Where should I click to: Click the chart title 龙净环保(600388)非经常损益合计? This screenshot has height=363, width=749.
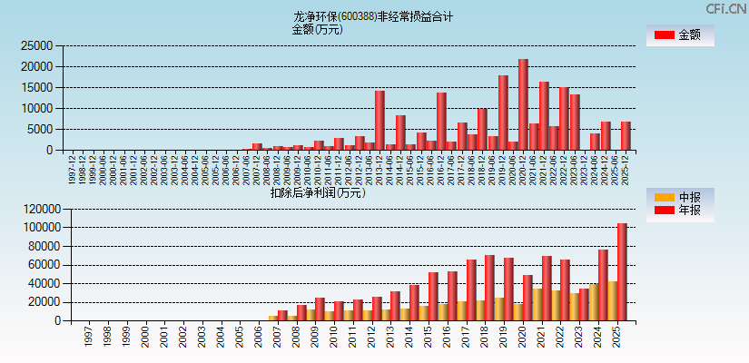click(x=373, y=16)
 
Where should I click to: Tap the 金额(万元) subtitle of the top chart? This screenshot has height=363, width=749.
click(x=317, y=29)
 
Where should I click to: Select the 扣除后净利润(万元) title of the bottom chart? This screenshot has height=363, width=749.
click(x=317, y=192)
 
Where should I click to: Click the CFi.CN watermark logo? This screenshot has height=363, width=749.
click(x=725, y=9)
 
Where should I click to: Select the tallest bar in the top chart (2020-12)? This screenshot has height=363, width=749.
click(x=523, y=104)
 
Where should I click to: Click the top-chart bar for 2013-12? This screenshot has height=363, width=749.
click(x=379, y=120)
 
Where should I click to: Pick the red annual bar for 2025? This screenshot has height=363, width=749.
click(x=622, y=271)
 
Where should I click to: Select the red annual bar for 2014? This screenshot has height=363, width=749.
click(x=413, y=302)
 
